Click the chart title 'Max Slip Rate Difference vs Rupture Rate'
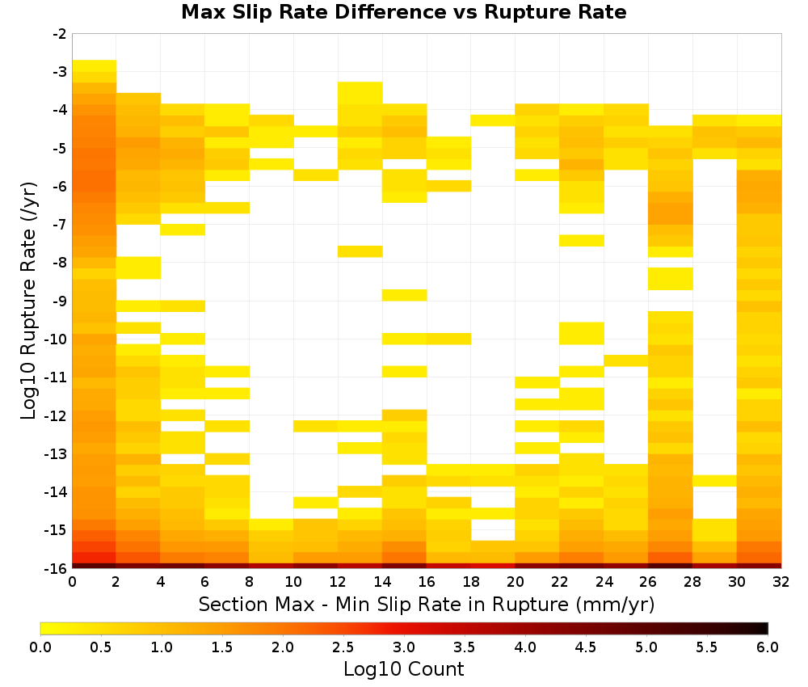click(x=403, y=12)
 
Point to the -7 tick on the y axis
click(x=60, y=225)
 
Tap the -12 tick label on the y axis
click(x=57, y=415)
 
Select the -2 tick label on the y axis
click(x=60, y=34)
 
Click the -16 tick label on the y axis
click(x=57, y=568)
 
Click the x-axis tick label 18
click(x=470, y=582)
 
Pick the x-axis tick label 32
click(x=781, y=582)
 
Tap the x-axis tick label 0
click(x=72, y=582)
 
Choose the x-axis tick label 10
click(x=293, y=582)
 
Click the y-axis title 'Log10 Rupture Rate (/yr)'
click(x=28, y=301)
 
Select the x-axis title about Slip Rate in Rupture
click(x=426, y=604)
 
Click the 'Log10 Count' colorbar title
click(x=403, y=669)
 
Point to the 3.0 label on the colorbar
click(x=403, y=647)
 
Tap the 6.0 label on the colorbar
click(x=768, y=647)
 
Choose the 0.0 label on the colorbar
click(x=40, y=647)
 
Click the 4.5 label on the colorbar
click(x=585, y=647)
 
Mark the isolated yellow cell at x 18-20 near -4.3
click(x=493, y=120)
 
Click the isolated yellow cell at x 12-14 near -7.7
click(x=360, y=251)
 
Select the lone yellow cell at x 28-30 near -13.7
click(x=714, y=481)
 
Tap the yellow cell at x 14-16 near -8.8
click(x=405, y=295)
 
